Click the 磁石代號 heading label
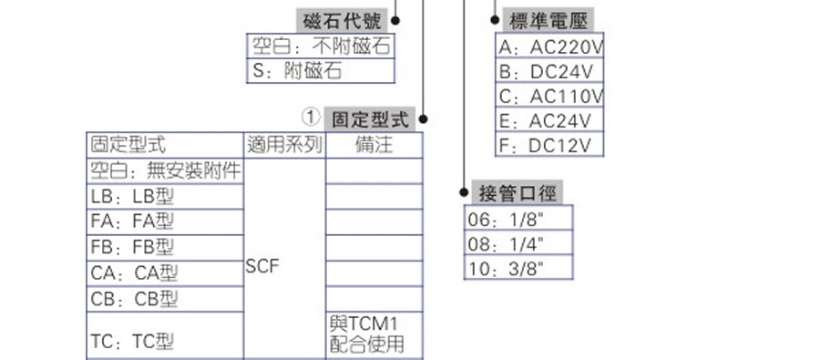[x=343, y=20]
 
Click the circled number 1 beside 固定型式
[x=311, y=118]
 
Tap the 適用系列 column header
[x=284, y=144]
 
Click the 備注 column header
[x=374, y=144]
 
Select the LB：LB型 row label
[x=132, y=196]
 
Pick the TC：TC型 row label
[x=132, y=342]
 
